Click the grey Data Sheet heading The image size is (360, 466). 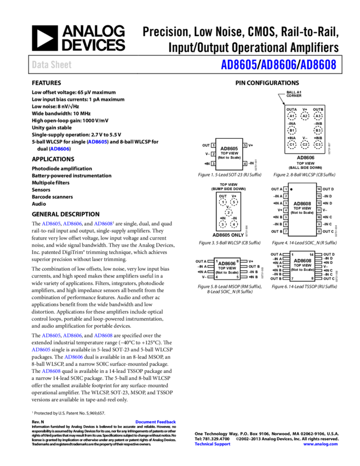tap(52, 65)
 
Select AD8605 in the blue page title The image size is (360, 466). tap(239, 65)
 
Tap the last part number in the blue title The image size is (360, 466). tap(318, 65)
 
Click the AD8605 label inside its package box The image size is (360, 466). tap(229, 149)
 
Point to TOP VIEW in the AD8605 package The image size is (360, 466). tap(229, 153)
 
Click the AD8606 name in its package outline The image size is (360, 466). tap(227, 264)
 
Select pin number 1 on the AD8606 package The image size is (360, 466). tap(217, 262)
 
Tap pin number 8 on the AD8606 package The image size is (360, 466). tap(237, 262)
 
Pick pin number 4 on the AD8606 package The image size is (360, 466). tap(217, 277)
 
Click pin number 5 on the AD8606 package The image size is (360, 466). tap(237, 277)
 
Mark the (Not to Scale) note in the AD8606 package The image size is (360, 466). tap(227, 272)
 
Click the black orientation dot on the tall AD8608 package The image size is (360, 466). tap(292, 190)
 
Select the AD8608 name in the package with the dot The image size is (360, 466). tap(302, 203)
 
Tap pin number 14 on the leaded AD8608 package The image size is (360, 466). tap(311, 255)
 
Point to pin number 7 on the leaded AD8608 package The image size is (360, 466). tap(293, 279)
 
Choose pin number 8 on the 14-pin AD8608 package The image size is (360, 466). tap(312, 279)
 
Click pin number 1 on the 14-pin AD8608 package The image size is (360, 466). tap(293, 255)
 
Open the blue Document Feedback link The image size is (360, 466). tap(156, 422)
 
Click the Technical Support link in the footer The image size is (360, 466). tap(213, 444)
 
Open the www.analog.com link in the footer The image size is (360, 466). tap(321, 444)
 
